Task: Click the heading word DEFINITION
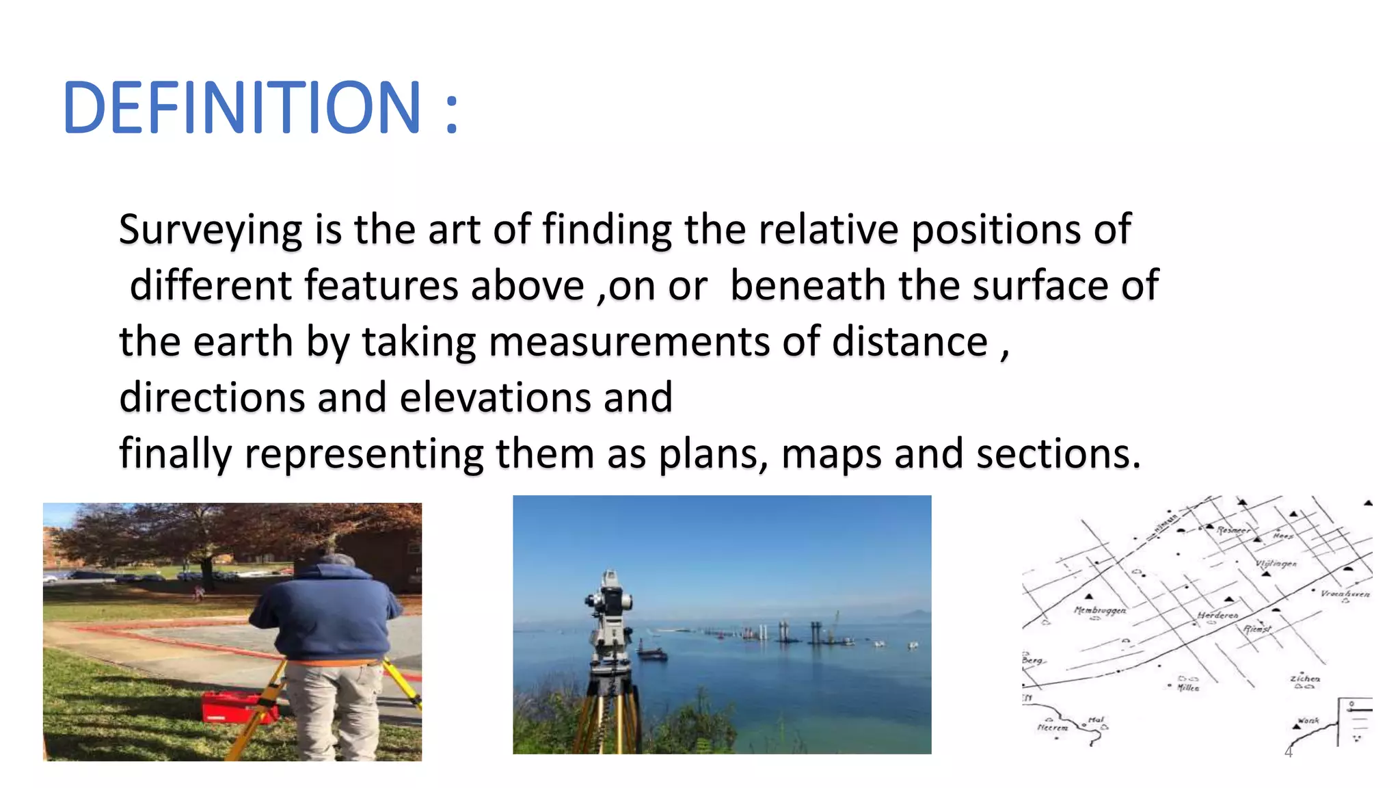point(241,108)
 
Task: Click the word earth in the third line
point(243,342)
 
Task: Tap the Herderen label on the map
point(1217,616)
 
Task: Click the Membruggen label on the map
point(1100,609)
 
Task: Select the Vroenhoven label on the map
point(1345,594)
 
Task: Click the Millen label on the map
point(1188,688)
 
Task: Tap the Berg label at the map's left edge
point(1032,660)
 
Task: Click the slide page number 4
point(1289,753)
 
